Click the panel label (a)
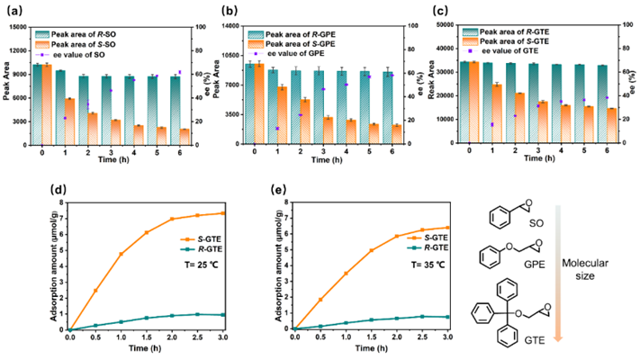[13, 11]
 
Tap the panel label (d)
[13, 191]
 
